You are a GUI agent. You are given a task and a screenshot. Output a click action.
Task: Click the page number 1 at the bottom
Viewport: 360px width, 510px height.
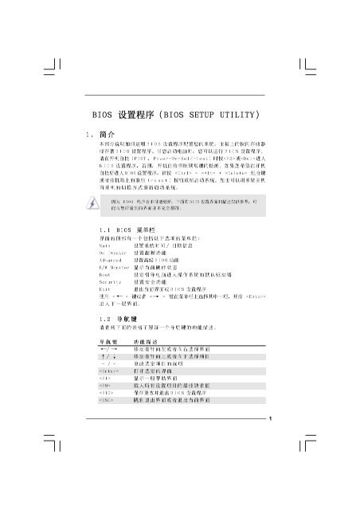point(271,420)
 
